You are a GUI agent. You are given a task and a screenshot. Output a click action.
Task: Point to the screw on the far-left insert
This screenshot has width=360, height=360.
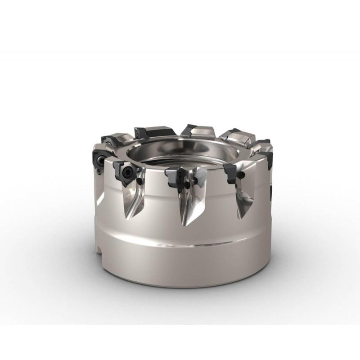click(x=99, y=160)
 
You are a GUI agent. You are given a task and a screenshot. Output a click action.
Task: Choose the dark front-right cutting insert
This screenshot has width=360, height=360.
click(x=230, y=173)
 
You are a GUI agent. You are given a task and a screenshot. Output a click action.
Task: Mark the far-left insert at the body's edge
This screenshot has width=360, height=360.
click(x=99, y=159)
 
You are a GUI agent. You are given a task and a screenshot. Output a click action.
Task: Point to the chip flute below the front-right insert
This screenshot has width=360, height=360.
click(x=243, y=198)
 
